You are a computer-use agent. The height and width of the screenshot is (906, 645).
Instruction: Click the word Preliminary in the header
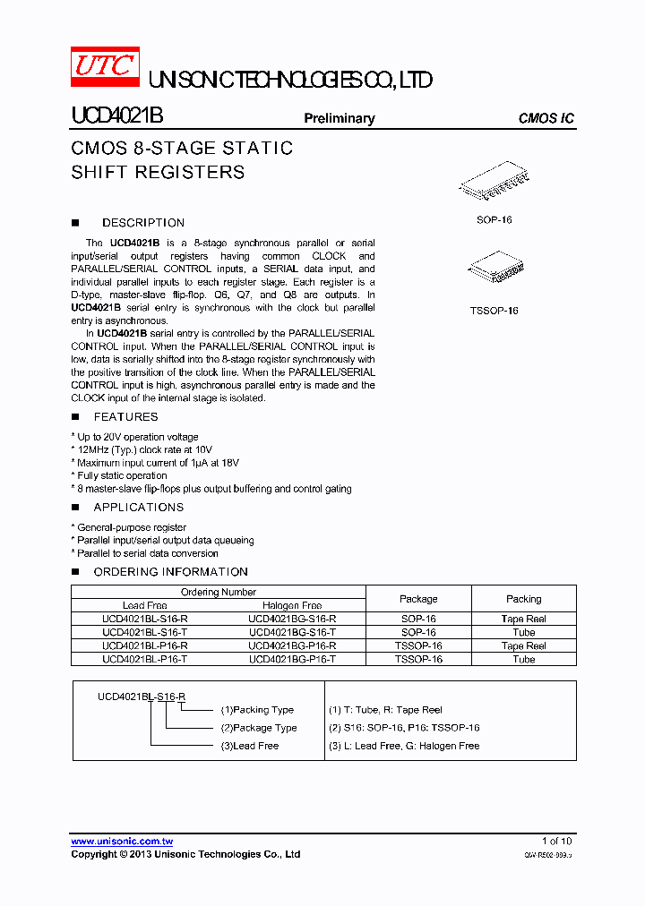(x=340, y=118)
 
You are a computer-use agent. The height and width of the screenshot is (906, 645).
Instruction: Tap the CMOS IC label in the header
(x=546, y=118)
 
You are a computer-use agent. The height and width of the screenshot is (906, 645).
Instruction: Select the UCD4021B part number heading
(x=117, y=117)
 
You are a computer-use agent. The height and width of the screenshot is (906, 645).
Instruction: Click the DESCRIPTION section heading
(x=143, y=223)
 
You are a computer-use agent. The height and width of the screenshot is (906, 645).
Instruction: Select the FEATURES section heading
(x=125, y=417)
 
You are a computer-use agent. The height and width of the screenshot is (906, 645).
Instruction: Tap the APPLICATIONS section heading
(x=139, y=508)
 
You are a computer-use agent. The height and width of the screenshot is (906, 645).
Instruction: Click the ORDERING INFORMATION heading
(x=170, y=572)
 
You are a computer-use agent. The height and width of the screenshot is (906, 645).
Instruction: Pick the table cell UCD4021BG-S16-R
(x=292, y=619)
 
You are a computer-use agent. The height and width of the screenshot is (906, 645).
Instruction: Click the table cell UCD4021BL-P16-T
(x=144, y=659)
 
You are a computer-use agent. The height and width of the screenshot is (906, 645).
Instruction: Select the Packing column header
(x=524, y=599)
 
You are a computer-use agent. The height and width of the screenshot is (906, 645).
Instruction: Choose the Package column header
(x=418, y=599)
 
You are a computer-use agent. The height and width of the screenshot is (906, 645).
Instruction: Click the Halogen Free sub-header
(x=292, y=606)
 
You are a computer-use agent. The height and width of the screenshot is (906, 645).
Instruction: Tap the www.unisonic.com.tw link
(x=122, y=842)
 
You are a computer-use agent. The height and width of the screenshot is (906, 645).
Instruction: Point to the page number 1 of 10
(x=556, y=841)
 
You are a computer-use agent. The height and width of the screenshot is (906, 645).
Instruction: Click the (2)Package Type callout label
(x=259, y=728)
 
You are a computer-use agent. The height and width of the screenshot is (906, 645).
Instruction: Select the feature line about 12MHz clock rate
(x=144, y=449)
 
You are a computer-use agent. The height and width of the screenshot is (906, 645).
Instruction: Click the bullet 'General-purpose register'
(x=131, y=528)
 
